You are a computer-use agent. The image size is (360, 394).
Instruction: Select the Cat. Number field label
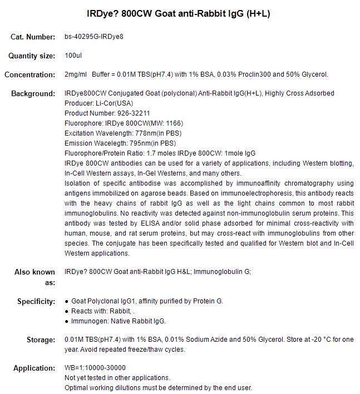tap(33, 37)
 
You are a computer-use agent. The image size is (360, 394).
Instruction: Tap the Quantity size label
tap(32, 56)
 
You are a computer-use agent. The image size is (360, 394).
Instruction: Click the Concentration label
tap(29, 75)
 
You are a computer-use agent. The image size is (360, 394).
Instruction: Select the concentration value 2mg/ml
tap(76, 74)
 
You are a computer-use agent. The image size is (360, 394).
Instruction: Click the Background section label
tap(33, 93)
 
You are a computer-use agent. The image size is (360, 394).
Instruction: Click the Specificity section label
tap(36, 302)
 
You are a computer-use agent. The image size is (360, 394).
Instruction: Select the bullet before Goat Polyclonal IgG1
tap(67, 302)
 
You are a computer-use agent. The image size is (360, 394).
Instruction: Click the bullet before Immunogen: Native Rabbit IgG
tap(67, 322)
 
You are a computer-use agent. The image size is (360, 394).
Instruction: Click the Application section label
tap(35, 368)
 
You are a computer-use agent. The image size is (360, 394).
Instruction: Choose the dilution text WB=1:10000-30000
tap(95, 368)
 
